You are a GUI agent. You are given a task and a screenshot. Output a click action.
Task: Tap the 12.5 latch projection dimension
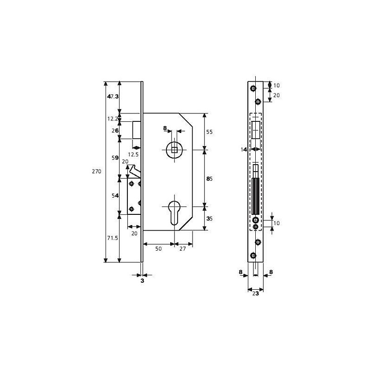(133, 154)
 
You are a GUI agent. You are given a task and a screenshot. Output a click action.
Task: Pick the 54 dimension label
(113, 196)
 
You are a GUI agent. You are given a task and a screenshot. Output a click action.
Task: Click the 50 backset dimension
(158, 249)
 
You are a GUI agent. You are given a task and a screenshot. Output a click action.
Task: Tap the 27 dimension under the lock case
(183, 249)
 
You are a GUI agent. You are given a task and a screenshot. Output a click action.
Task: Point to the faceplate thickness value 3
(143, 281)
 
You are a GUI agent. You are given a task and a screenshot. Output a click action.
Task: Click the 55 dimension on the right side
(209, 132)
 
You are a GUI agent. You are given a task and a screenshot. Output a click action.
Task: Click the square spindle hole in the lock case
(173, 149)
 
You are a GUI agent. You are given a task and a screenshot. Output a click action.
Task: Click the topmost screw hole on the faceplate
(252, 88)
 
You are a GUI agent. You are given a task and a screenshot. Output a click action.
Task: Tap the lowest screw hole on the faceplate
(252, 255)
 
